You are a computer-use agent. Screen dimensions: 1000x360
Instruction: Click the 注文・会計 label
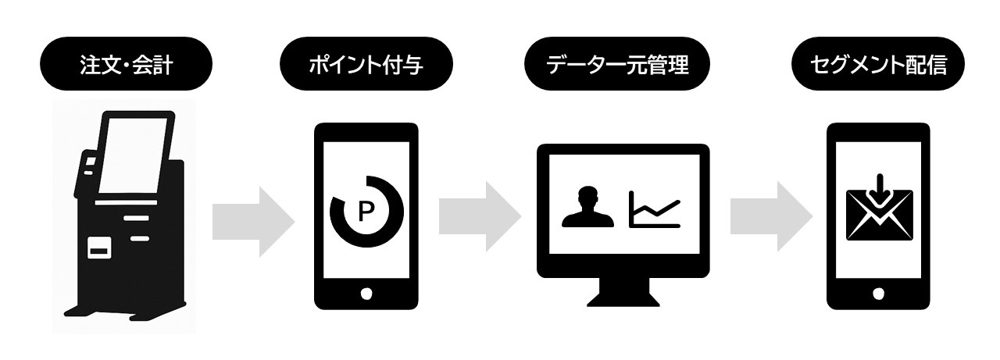coord(127,65)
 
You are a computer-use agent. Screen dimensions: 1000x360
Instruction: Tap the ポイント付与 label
coord(366,65)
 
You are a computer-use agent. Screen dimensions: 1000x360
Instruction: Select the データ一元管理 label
coord(617,65)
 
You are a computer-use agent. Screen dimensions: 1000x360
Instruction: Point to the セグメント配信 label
coord(878,65)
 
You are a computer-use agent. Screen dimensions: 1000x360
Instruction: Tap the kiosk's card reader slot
coord(99,248)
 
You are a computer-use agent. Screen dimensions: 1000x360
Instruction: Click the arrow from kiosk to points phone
coord(253,222)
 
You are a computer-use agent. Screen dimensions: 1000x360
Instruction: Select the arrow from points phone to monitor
coord(480,216)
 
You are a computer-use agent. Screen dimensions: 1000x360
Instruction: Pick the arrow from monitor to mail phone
coord(771,216)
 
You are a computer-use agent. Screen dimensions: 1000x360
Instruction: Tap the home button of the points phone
coord(366,294)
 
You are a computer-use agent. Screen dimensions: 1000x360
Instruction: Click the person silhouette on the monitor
coord(587,207)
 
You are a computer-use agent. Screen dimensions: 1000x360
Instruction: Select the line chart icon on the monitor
coord(655,209)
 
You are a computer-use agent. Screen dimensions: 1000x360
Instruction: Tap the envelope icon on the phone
coord(880,215)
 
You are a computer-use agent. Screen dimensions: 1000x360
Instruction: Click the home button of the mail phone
coord(878,294)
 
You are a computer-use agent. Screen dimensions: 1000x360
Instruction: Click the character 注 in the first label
coord(90,65)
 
